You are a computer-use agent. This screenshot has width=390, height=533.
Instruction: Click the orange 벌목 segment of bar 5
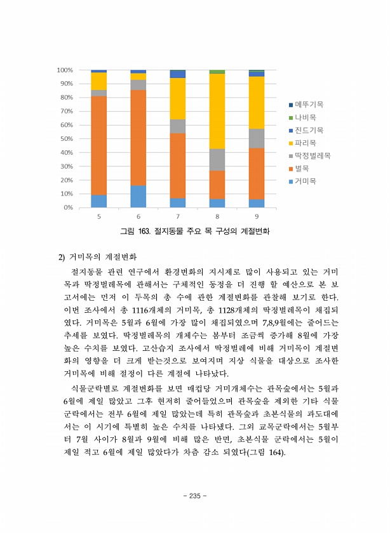tap(98, 145)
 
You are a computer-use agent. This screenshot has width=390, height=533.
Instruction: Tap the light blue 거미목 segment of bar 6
tap(138, 196)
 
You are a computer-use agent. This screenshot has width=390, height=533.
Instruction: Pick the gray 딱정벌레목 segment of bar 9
tap(257, 138)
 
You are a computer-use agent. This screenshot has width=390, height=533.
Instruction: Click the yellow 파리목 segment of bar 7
tap(178, 98)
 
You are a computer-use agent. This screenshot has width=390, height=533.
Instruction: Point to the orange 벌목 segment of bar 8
tap(217, 185)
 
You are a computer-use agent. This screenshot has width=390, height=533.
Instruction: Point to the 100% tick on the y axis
tap(65, 70)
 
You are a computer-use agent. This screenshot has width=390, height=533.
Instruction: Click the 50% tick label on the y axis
tap(66, 138)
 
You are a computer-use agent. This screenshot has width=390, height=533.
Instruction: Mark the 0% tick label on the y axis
tap(68, 207)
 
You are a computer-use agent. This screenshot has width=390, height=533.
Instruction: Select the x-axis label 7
tap(178, 216)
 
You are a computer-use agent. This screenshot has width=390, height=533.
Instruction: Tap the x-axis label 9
tap(257, 216)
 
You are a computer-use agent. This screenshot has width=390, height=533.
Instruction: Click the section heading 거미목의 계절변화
tap(102, 257)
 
